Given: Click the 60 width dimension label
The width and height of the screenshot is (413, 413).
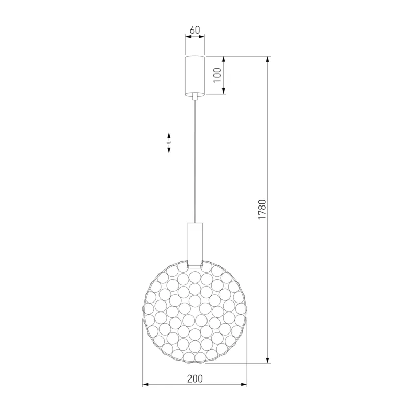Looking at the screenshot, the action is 195,30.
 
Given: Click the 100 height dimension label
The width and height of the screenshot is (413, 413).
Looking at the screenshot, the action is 217,75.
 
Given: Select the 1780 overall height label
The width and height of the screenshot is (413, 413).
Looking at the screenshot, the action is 262,210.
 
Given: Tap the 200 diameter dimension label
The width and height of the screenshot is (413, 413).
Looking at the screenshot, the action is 195,379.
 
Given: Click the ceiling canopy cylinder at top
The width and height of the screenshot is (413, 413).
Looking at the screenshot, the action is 195,76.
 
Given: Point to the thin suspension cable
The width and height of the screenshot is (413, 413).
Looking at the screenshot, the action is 195,161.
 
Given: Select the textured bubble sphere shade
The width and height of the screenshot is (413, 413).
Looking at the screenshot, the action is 195,312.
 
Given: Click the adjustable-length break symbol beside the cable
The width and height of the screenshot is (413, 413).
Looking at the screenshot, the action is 169,143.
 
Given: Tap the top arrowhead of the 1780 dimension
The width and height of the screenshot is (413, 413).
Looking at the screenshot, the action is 268,59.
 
